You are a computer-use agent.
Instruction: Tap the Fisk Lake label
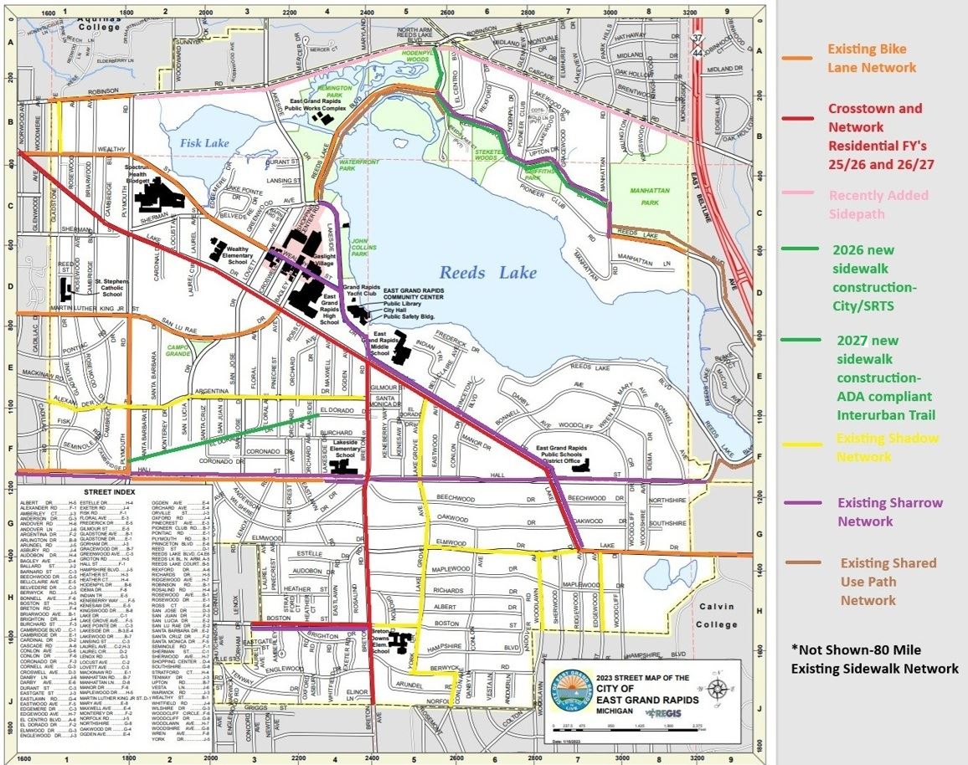pyautogui.click(x=203, y=143)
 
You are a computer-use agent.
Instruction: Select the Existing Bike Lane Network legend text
pyautogui.click(x=871, y=58)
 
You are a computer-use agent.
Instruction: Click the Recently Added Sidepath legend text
pyautogui.click(x=878, y=204)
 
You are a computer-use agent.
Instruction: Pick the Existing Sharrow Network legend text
pyautogui.click(x=877, y=511)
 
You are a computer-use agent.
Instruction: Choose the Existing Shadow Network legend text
pyautogui.click(x=887, y=447)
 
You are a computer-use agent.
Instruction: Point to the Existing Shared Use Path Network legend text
pyautogui.click(x=888, y=581)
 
